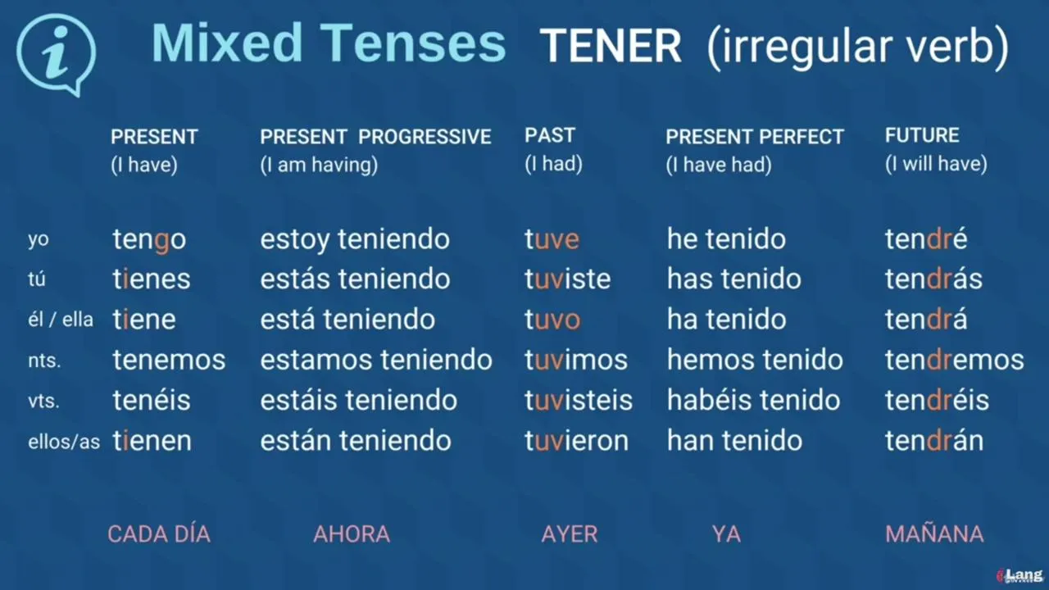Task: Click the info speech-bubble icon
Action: [57, 54]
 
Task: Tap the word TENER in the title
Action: [611, 46]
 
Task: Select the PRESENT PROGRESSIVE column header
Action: [375, 137]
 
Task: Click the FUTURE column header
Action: [922, 135]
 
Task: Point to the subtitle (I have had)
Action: [719, 165]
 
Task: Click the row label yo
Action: [39, 240]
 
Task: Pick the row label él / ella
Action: [61, 320]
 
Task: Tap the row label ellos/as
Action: [64, 442]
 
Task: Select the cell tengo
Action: [149, 240]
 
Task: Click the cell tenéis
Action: [152, 400]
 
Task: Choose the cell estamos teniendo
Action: [376, 360]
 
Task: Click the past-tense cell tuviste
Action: [568, 279]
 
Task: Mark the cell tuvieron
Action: [576, 441]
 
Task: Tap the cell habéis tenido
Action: [753, 400]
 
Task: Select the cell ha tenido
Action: [726, 320]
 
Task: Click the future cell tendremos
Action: [955, 360]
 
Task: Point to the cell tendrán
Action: [934, 441]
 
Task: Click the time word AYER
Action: [570, 534]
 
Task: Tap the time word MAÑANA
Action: [934, 533]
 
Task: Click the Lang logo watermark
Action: [1020, 575]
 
